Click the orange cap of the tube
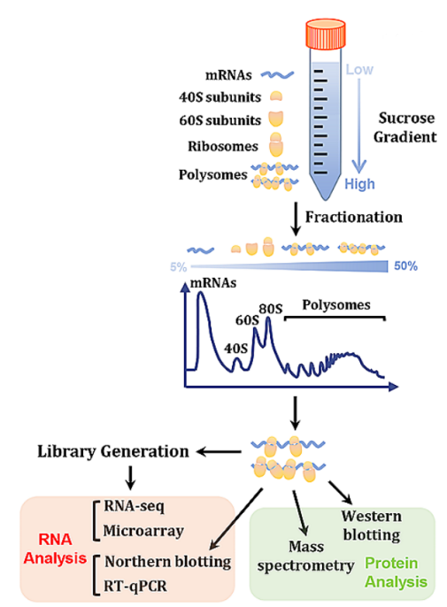[x=326, y=34]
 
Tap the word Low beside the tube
[x=359, y=70]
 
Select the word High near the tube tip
[x=360, y=184]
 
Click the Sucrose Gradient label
[x=405, y=127]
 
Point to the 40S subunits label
[x=220, y=96]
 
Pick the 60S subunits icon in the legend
[x=276, y=119]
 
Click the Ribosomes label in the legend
[x=223, y=146]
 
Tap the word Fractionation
[x=354, y=217]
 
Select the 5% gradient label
[x=178, y=266]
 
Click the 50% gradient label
[x=405, y=266]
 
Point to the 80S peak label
[x=271, y=309]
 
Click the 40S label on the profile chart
[x=235, y=349]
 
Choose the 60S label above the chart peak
[x=247, y=320]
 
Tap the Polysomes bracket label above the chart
[x=336, y=305]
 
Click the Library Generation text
[x=113, y=451]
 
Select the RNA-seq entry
[x=134, y=506]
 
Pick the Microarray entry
[x=143, y=530]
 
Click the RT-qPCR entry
[x=135, y=586]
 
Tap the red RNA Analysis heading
[x=55, y=549]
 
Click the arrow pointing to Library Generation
[x=219, y=451]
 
